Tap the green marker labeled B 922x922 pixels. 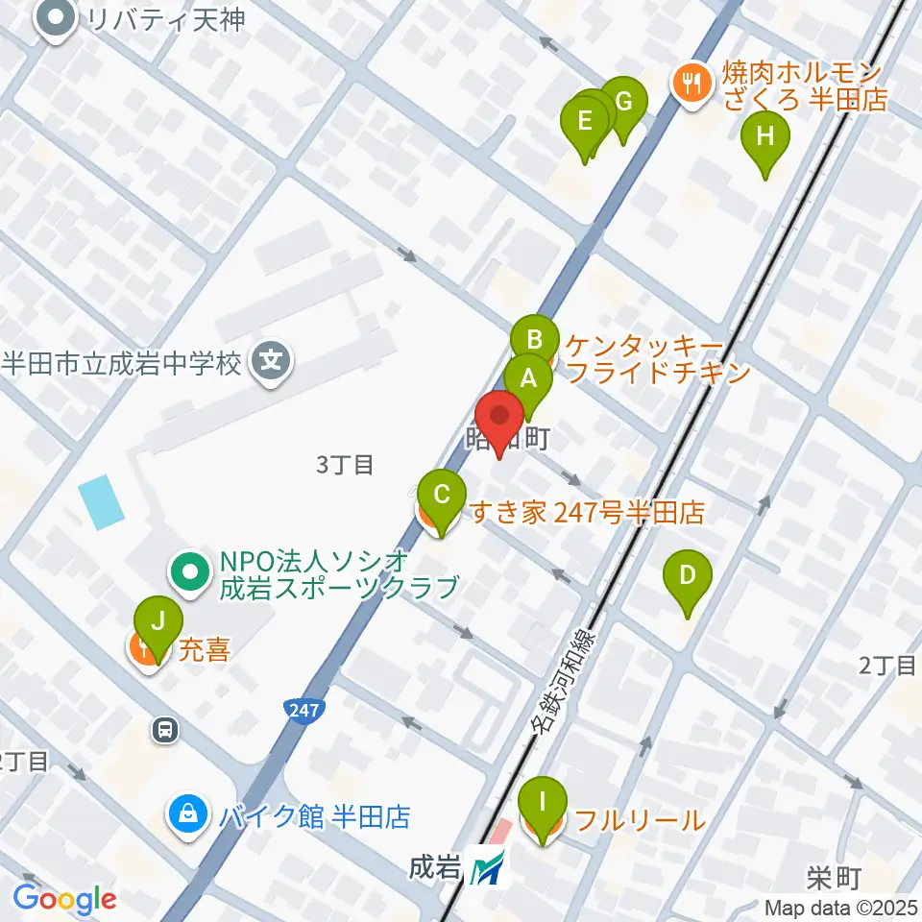tap(535, 340)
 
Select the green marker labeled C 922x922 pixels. tap(442, 497)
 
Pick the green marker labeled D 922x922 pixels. tap(688, 576)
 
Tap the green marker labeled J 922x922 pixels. tap(158, 620)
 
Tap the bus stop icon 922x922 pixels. tap(166, 731)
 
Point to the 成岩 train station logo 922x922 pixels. tap(487, 871)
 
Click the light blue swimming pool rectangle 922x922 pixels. tap(102, 502)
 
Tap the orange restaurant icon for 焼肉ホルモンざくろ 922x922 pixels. tap(691, 84)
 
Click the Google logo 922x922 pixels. tap(64, 900)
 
